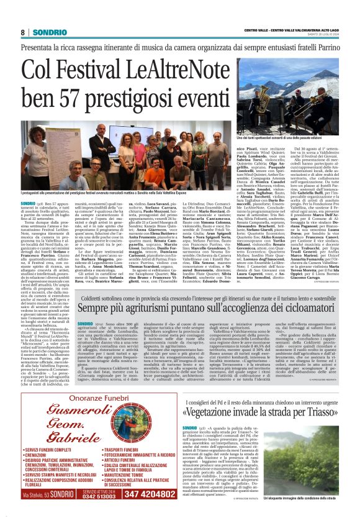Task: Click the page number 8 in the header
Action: coord(22,32)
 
